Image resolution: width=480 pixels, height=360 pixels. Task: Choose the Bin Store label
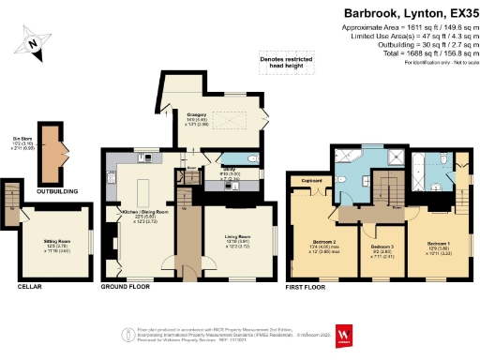[x=16, y=137]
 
